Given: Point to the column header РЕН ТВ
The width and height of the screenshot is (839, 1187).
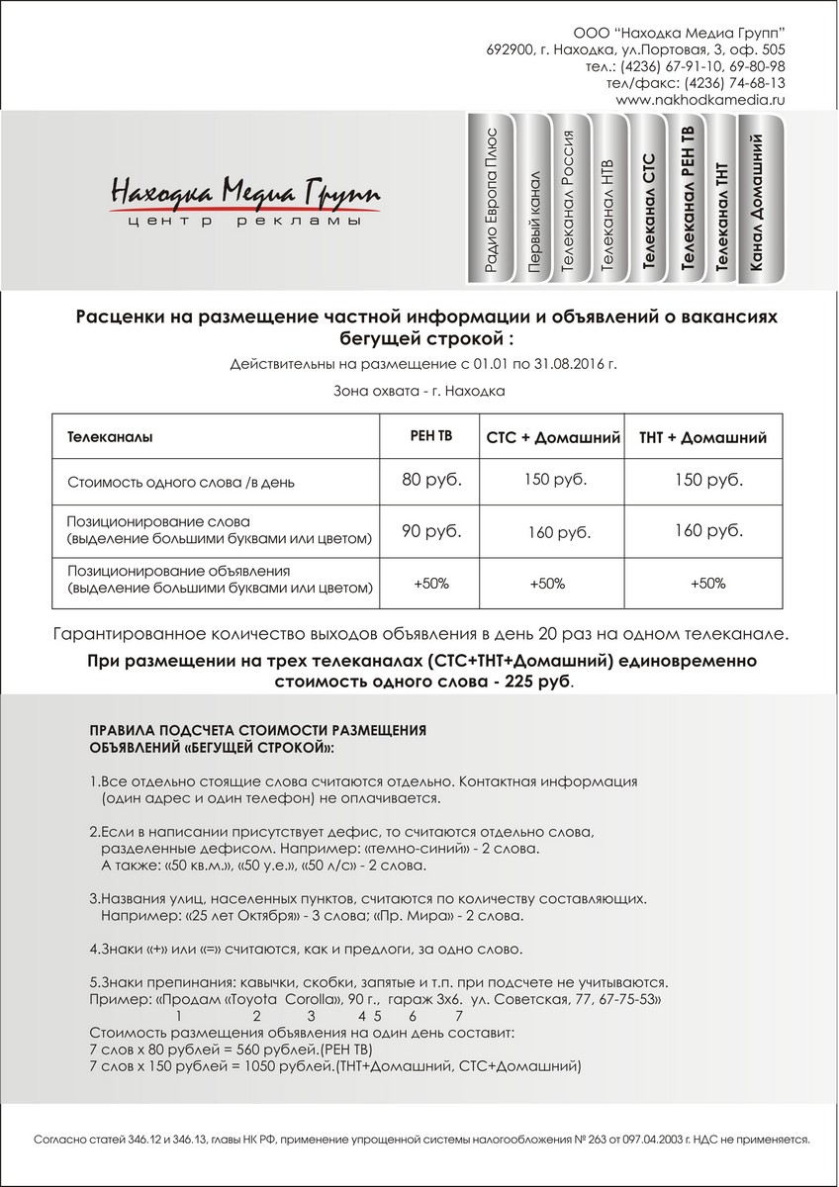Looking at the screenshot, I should [431, 435].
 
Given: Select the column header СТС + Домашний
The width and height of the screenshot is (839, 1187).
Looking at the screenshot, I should [553, 437].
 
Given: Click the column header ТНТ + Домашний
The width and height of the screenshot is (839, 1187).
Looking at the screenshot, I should [702, 437].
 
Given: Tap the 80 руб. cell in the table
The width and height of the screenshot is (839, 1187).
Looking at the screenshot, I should [431, 481].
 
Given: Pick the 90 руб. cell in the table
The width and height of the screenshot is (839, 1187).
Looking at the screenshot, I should [431, 531].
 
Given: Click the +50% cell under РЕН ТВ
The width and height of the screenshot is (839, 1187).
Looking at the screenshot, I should [431, 583].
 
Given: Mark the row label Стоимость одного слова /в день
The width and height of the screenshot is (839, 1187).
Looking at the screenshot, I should [181, 484].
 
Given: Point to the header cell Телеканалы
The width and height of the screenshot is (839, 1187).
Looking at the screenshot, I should [110, 436].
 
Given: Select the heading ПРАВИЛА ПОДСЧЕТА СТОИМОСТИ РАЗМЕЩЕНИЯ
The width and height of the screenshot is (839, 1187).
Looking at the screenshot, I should [257, 729].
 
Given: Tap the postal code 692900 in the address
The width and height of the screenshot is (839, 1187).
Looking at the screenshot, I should [511, 49].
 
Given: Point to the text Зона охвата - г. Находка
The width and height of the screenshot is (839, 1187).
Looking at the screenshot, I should [420, 391].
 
